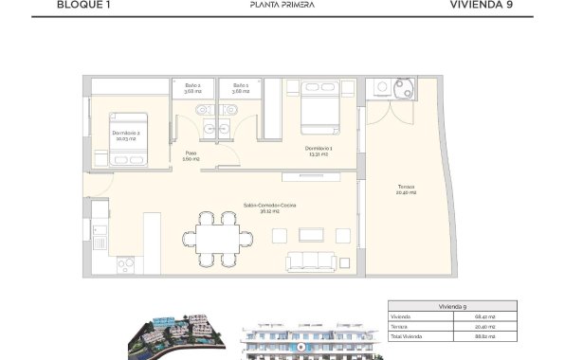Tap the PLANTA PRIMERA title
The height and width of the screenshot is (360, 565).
pyautogui.click(x=282, y=5)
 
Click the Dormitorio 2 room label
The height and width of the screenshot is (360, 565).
pyautogui.click(x=126, y=135)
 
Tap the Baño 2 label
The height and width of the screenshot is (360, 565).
pyautogui.click(x=192, y=88)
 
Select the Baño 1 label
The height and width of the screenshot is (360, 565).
pyautogui.click(x=240, y=88)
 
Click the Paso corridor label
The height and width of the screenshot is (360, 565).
pyautogui.click(x=191, y=156)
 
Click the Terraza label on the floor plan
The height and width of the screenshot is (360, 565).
pyautogui.click(x=406, y=191)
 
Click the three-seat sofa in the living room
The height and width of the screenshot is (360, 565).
pyautogui.click(x=315, y=261)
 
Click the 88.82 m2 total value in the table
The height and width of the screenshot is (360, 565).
pyautogui.click(x=521, y=335)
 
